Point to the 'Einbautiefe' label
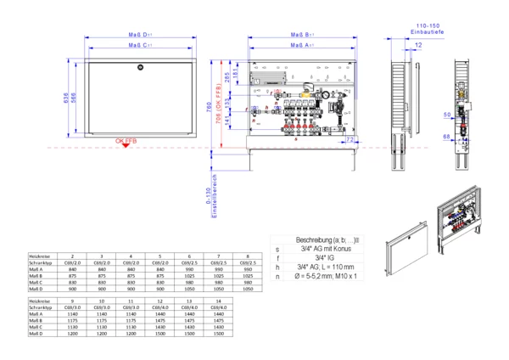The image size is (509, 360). click(424, 31)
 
